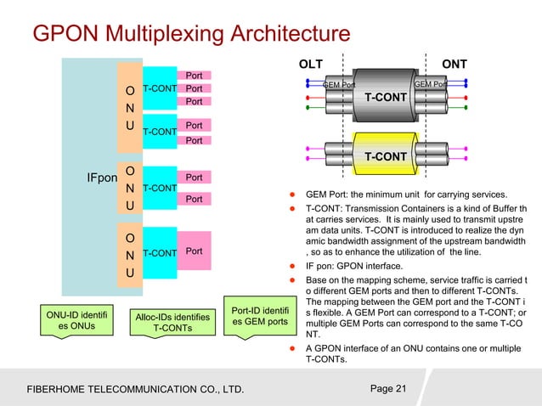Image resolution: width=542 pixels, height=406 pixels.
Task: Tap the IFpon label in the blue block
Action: (101, 178)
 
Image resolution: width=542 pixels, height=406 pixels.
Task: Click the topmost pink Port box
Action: (194, 76)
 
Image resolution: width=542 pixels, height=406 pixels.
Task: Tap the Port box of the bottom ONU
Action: (194, 252)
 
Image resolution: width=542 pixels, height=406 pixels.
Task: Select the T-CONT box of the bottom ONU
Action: (159, 252)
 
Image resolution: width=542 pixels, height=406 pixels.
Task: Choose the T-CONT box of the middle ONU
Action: (159, 188)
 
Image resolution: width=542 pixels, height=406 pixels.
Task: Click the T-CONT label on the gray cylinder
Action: (386, 98)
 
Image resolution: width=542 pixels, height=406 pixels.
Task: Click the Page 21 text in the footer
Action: (389, 389)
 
